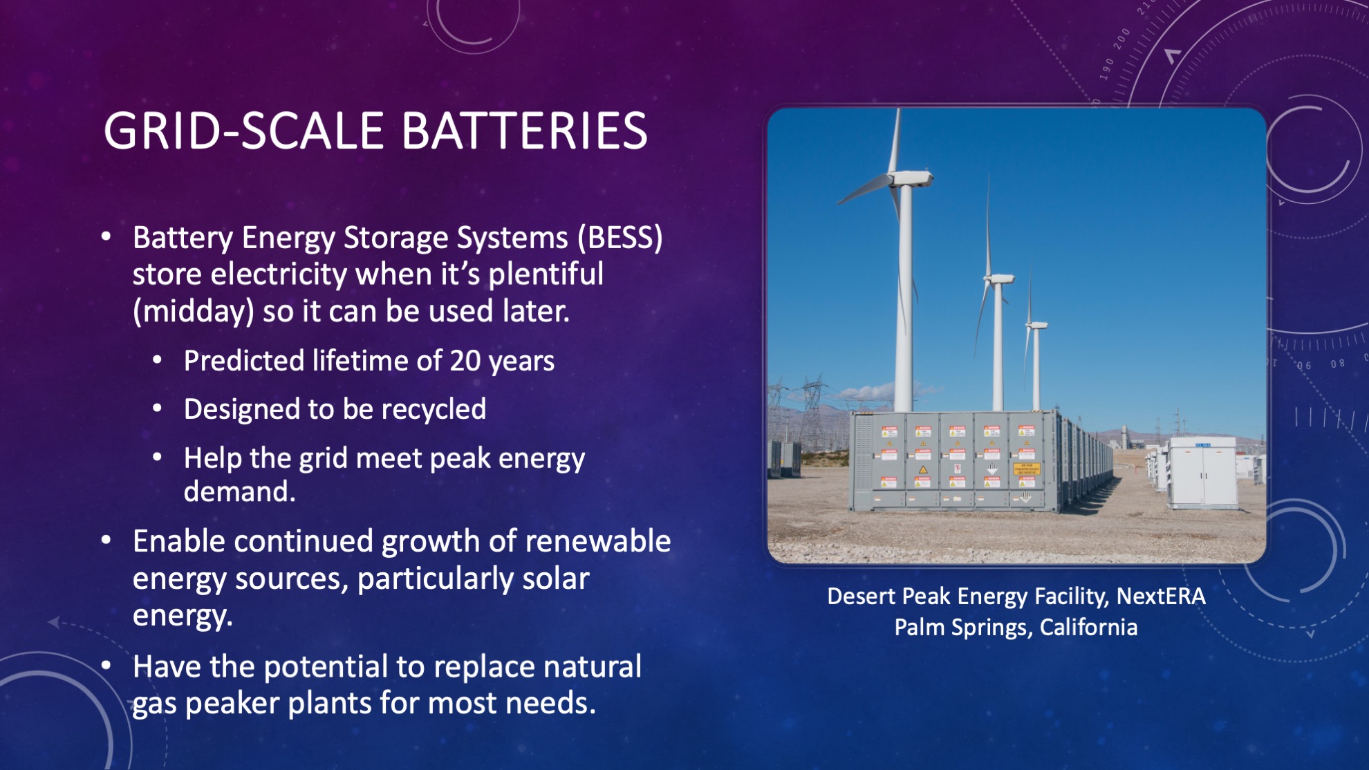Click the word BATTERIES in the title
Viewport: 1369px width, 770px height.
point(524,131)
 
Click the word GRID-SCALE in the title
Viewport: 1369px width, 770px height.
point(243,131)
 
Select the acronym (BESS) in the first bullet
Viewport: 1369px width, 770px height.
point(620,238)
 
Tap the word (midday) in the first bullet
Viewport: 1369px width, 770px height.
point(193,312)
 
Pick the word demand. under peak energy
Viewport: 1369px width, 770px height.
point(239,491)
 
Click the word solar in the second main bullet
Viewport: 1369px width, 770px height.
point(555,579)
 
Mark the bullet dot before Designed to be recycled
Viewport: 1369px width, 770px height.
point(158,409)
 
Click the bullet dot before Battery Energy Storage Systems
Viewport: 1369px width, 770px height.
point(106,237)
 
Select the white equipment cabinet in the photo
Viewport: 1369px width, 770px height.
point(1202,472)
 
